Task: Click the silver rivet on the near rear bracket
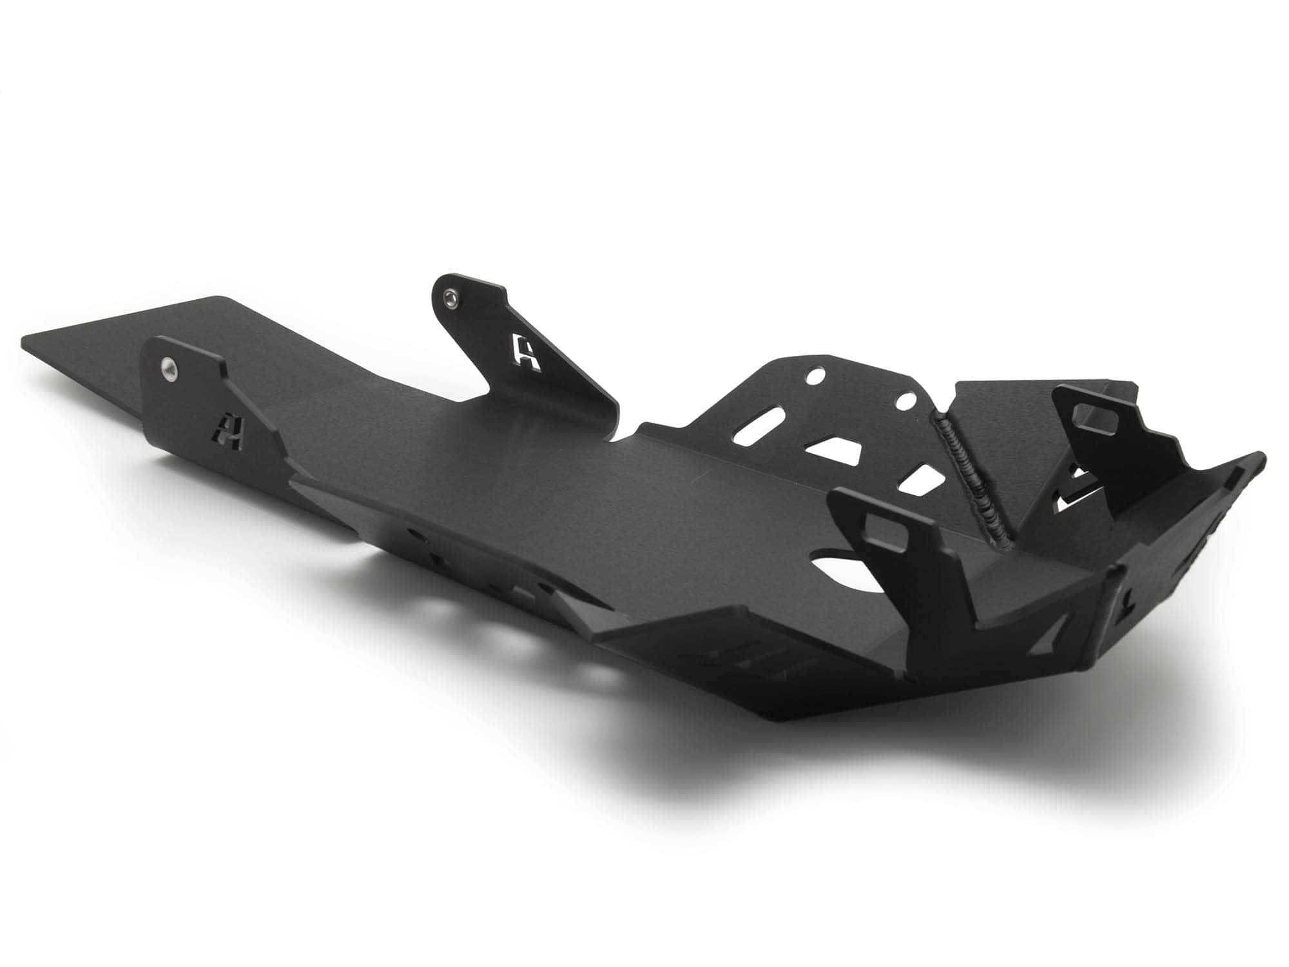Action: pyautogui.click(x=169, y=367)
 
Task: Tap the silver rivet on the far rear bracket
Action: pyautogui.click(x=449, y=296)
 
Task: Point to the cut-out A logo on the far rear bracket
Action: pyautogui.click(x=527, y=351)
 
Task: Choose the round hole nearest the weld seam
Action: pyautogui.click(x=907, y=402)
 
